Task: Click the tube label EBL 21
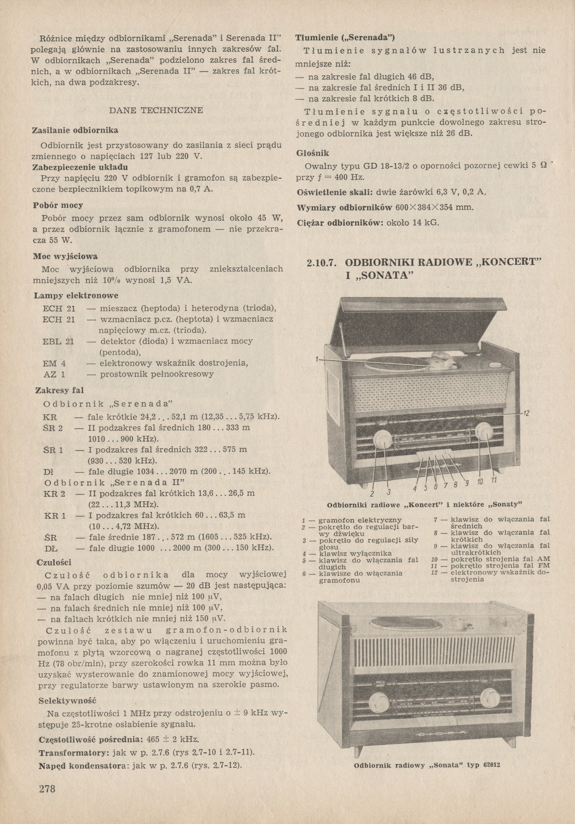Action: [x=58, y=341]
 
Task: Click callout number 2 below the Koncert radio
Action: [x=372, y=494]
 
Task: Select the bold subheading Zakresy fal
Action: [x=59, y=390]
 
